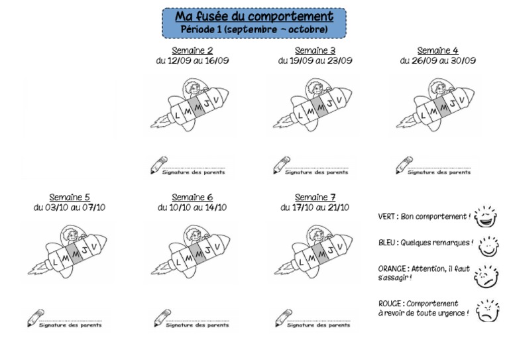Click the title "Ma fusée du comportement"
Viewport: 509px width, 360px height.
(254, 16)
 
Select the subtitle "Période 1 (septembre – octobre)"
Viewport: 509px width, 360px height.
(254, 29)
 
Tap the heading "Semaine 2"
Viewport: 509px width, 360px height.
(192, 50)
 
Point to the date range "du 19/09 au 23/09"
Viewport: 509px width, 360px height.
(315, 60)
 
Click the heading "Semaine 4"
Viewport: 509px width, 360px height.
(437, 50)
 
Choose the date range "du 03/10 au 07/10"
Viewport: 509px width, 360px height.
(70, 207)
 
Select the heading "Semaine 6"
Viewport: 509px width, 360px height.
(192, 198)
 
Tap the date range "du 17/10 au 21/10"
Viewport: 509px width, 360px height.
(315, 207)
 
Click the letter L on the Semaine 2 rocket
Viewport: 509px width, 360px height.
(177, 115)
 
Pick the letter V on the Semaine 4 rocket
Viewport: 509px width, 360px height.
(461, 99)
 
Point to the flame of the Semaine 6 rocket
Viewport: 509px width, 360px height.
(160, 269)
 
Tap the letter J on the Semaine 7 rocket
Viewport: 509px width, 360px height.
(330, 250)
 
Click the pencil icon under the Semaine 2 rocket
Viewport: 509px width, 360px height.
(159, 165)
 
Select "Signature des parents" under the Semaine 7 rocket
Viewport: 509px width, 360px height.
(318, 325)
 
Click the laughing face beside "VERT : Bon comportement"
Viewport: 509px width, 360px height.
(485, 217)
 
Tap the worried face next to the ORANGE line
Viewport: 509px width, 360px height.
(486, 276)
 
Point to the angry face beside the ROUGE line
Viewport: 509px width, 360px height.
(487, 311)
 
